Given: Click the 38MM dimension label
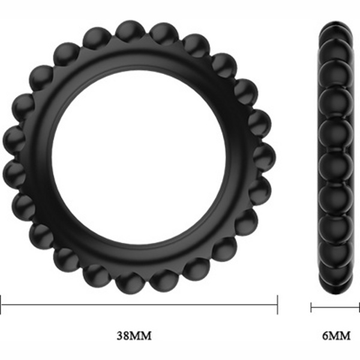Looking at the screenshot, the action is coord(134,335).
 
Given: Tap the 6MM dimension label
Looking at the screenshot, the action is coord(337,336).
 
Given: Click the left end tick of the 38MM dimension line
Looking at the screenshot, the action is coord(1,305).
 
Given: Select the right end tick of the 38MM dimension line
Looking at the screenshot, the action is coord(278,305).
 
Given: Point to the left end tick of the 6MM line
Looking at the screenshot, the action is coord(311,307).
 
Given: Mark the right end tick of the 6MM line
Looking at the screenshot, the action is coord(359,307).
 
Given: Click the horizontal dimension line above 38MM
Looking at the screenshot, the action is coord(139,305).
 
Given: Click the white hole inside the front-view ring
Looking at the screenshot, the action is coord(139,158).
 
